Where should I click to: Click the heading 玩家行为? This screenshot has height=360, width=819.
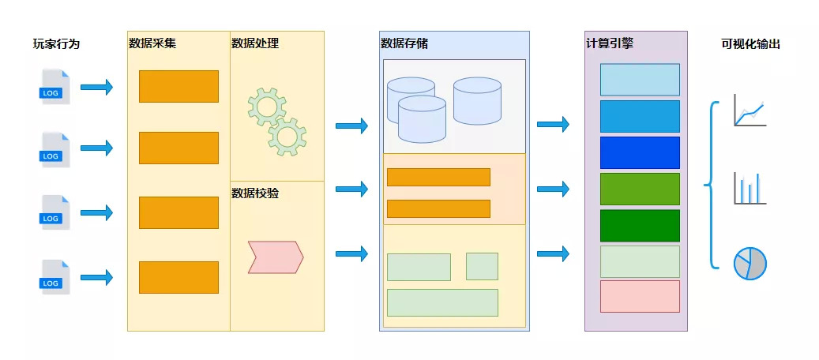tap(56, 44)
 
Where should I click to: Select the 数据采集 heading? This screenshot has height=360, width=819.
tap(152, 43)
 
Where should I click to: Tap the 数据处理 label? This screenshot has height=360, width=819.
tap(255, 43)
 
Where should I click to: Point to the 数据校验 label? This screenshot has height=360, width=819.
tap(255, 193)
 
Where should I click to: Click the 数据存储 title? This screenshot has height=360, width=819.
tap(404, 43)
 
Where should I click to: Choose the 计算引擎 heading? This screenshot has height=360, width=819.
tap(610, 43)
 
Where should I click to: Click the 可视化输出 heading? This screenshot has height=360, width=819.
tap(751, 44)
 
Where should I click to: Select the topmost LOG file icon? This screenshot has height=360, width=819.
tap(54, 86)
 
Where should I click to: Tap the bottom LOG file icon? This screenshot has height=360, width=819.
tap(54, 277)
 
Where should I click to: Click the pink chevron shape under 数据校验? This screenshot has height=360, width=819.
tap(276, 257)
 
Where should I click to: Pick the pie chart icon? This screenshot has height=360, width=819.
tap(749, 263)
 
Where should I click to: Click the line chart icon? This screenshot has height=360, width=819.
tap(749, 110)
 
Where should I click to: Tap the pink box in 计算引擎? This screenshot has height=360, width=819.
tap(640, 296)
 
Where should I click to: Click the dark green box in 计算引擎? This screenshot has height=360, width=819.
tap(640, 225)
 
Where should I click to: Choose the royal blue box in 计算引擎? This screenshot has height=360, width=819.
tap(640, 152)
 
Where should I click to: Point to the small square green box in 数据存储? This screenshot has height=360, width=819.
tap(482, 266)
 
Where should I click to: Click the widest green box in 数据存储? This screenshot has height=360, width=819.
tap(442, 302)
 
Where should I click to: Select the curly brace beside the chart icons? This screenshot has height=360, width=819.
tap(712, 186)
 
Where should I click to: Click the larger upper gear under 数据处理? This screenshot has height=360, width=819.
tap(266, 107)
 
